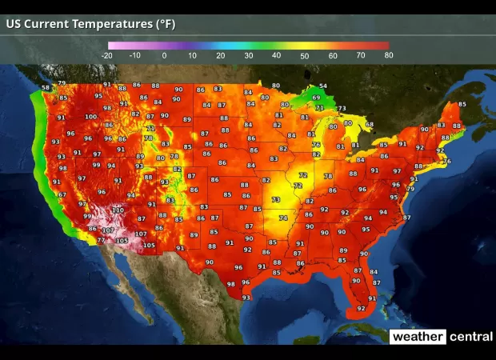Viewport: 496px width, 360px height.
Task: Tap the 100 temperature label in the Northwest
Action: (90, 117)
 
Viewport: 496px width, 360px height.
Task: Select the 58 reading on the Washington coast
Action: (46, 87)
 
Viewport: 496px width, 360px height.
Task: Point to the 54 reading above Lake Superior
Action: (323, 86)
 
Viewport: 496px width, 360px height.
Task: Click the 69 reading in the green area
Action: (316, 98)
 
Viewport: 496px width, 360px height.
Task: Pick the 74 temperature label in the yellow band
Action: (282, 218)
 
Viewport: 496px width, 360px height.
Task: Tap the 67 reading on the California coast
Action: (62, 195)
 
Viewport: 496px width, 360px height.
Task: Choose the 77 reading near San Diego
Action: (101, 240)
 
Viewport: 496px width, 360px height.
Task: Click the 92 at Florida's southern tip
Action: (361, 308)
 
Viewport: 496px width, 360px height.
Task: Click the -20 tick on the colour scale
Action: (107, 55)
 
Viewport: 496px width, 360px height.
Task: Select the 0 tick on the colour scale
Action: (164, 55)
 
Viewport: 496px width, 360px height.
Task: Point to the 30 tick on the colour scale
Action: (248, 55)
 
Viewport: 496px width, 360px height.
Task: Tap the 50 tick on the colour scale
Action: (304, 55)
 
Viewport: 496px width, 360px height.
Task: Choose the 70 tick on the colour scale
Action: (360, 55)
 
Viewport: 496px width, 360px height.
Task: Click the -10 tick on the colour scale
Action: (135, 55)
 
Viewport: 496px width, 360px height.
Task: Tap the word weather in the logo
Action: (417, 337)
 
